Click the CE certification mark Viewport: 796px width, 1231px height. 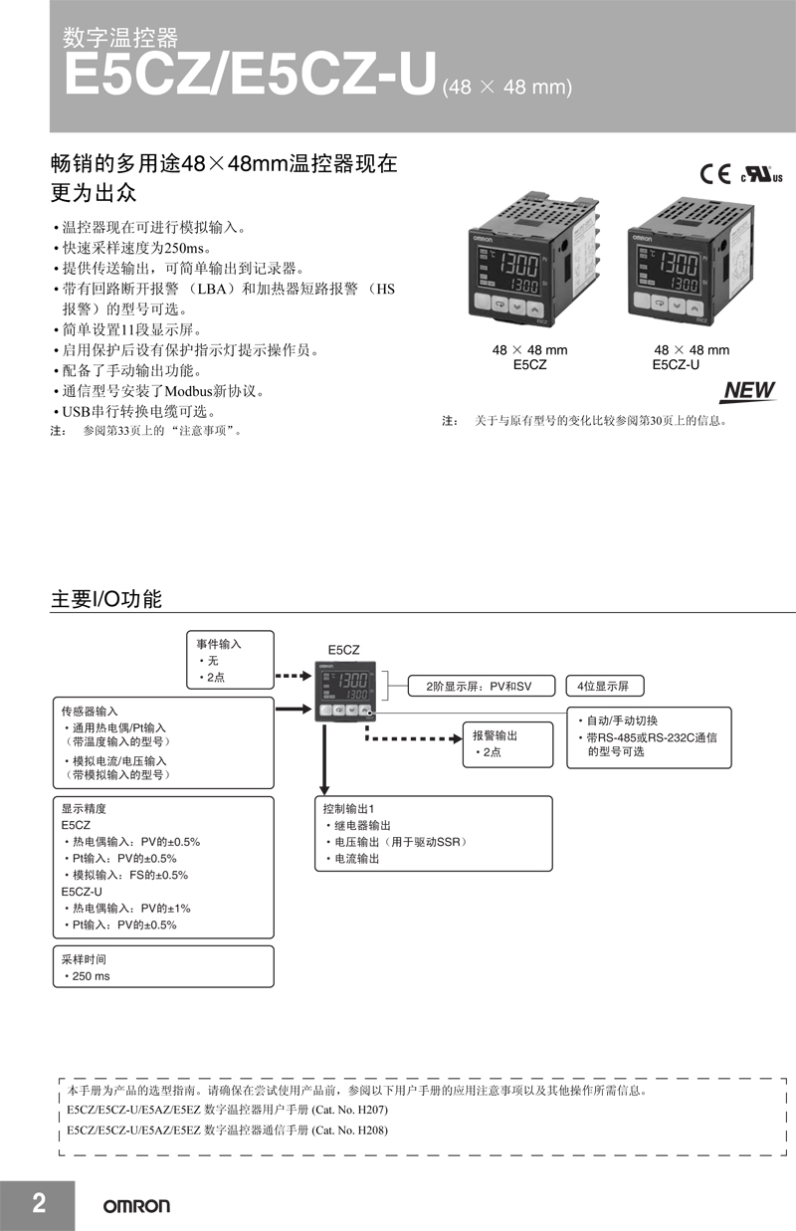(x=715, y=174)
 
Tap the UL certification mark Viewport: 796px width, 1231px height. (x=761, y=175)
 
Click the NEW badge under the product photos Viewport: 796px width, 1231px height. (x=749, y=391)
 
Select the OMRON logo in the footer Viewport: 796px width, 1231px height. (x=136, y=1206)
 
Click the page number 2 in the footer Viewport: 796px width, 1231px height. (x=39, y=1202)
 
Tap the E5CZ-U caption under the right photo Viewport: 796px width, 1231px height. (x=676, y=365)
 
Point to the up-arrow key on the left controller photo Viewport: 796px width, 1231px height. (x=534, y=308)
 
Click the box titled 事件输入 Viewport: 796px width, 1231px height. (x=230, y=660)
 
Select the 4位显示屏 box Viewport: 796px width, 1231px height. (x=605, y=686)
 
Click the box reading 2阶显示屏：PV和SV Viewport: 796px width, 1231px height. (x=482, y=686)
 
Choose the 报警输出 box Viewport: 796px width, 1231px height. (x=508, y=744)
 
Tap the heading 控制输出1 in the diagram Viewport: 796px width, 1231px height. (x=348, y=809)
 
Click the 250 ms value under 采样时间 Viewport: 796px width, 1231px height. (x=92, y=976)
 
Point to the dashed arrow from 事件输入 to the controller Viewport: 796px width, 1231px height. (x=294, y=676)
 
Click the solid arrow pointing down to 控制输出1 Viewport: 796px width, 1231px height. (x=324, y=759)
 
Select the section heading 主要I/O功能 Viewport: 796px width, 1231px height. (x=106, y=599)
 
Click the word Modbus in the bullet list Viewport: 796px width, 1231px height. (x=188, y=391)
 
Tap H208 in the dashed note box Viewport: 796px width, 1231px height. (x=372, y=1129)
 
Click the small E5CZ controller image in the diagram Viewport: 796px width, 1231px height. (x=345, y=692)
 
